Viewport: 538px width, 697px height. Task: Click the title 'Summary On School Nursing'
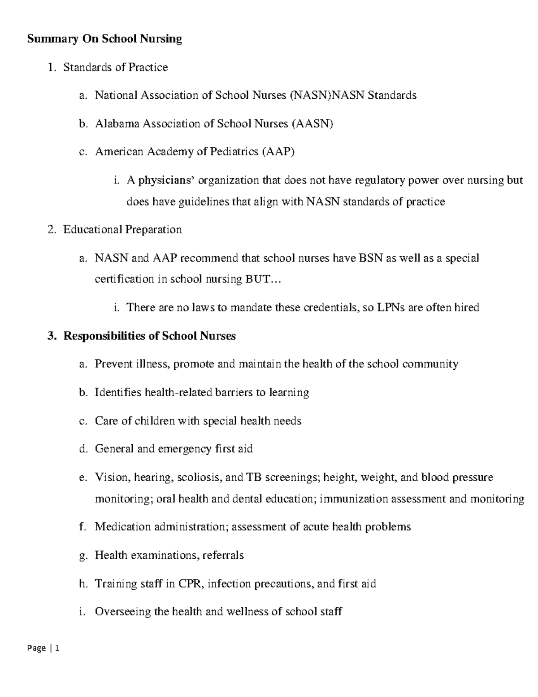[x=104, y=39]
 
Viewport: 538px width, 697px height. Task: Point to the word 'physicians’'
[x=166, y=180]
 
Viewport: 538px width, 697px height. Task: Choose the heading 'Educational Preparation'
[x=122, y=230]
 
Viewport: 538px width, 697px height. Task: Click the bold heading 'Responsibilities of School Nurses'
[x=149, y=336]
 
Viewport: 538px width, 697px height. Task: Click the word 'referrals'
[x=223, y=555]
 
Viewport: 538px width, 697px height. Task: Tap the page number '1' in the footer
[x=57, y=648]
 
